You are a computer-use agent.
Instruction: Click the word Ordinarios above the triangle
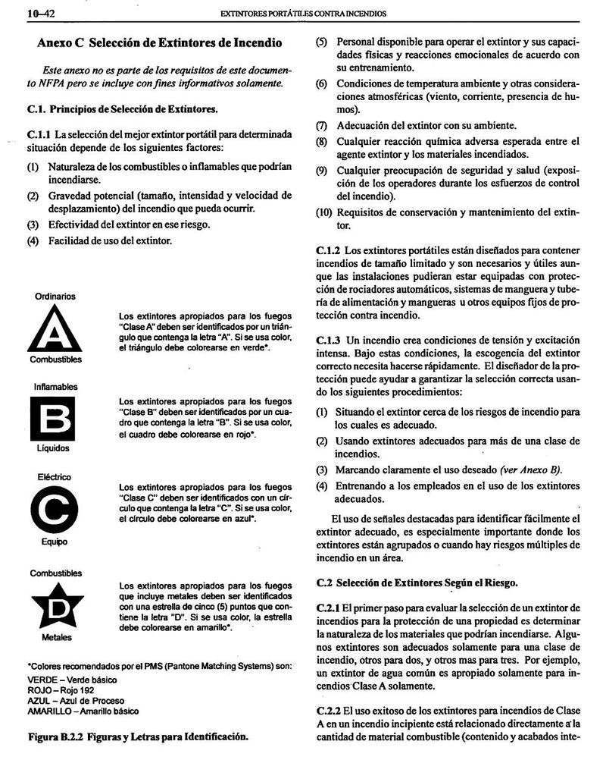click(55, 296)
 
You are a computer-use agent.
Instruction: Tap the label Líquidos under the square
click(53, 448)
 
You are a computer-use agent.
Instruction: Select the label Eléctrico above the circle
click(55, 477)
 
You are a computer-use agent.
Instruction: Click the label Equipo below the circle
click(55, 542)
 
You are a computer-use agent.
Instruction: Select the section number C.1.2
click(329, 250)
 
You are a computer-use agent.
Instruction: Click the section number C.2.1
click(329, 609)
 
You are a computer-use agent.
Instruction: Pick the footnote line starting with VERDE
click(73, 680)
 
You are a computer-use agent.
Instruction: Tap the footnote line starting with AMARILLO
click(83, 711)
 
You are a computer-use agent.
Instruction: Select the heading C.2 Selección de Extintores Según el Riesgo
click(417, 583)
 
